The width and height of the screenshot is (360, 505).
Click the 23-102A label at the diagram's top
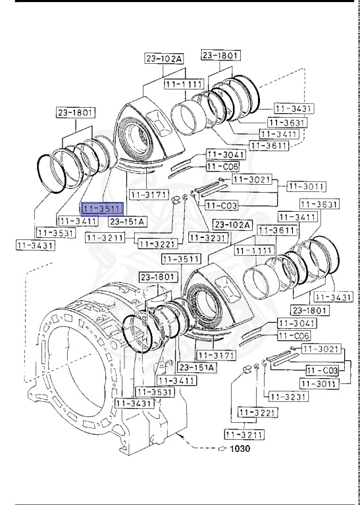pos(163,59)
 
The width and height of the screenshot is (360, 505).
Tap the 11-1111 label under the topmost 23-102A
pos(182,85)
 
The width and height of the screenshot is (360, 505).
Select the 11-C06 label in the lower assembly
pos(294,335)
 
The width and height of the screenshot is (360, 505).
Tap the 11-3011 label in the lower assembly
pos(319,383)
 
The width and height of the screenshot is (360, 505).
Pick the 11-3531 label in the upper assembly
pos(54,233)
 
